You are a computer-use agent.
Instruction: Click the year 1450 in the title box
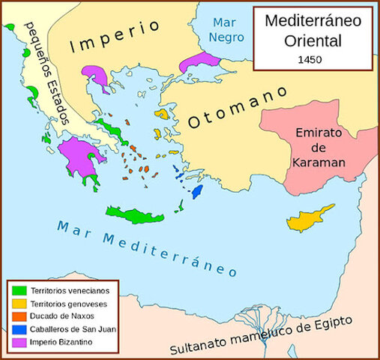[x=308, y=58]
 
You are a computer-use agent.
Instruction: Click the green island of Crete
[x=134, y=214]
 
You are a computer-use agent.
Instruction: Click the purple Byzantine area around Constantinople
[x=200, y=62]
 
